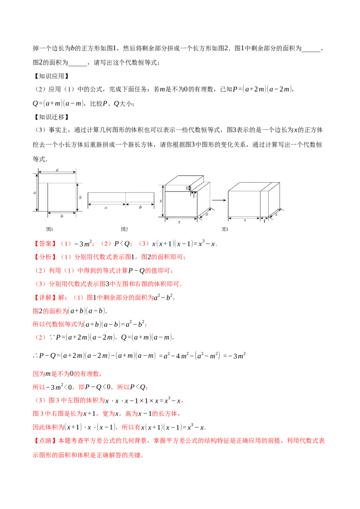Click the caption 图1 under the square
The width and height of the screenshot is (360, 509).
49,229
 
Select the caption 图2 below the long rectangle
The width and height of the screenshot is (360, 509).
125,229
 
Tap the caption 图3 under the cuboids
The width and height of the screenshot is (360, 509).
225,229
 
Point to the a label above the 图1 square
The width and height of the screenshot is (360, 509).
57,170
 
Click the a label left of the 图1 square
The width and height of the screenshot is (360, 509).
35,192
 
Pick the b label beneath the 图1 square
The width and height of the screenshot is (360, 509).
62,216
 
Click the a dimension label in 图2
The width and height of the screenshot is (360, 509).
106,208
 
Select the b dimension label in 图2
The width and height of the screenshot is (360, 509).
140,208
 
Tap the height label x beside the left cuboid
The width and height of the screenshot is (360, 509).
161,201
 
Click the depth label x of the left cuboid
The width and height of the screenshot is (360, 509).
207,214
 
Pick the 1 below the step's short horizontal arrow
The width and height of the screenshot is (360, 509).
193,196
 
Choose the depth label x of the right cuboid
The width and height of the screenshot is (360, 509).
276,215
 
